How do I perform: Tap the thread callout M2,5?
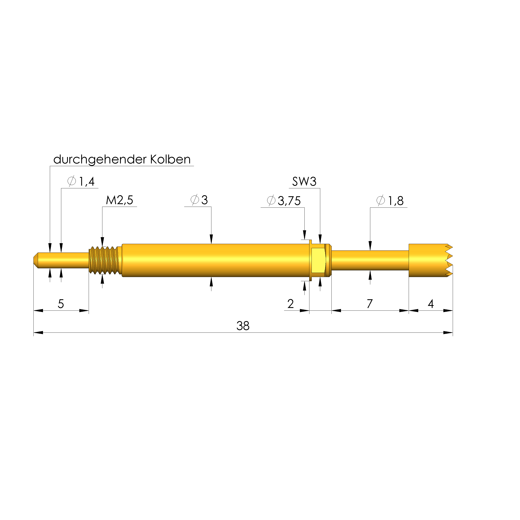pos(119,200)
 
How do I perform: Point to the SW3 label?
pos(304,182)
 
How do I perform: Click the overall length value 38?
pos(243,326)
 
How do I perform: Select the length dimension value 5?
pos(61,304)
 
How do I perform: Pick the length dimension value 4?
pos(431,304)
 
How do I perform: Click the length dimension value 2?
pos(290,304)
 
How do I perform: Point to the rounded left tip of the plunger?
pos(36,260)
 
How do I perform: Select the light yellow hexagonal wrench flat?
pos(318,260)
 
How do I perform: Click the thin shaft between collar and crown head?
pos(370,260)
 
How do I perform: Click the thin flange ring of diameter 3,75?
pos(310,260)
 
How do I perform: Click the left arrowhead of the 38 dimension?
pos(38,333)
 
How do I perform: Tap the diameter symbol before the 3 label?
pos(195,200)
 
